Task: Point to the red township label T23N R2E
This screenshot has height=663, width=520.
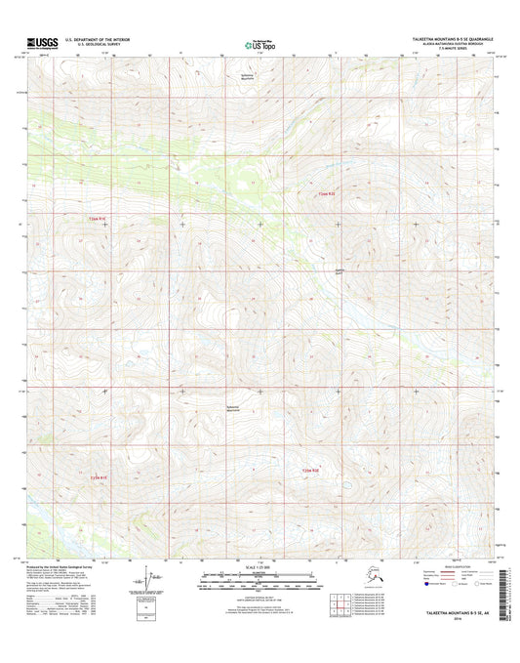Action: point(310,471)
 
